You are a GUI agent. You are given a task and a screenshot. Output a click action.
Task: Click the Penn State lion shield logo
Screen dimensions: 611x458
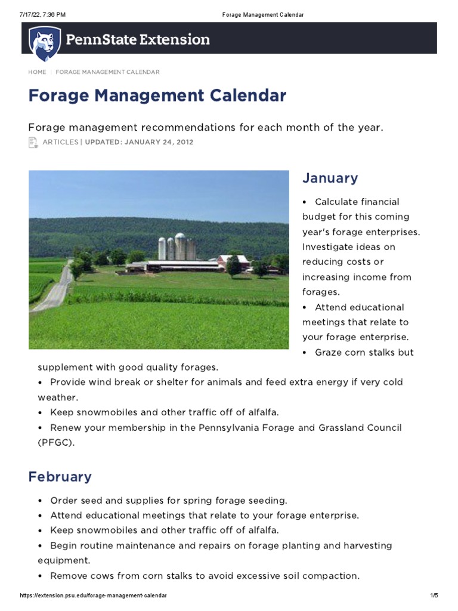click(x=45, y=43)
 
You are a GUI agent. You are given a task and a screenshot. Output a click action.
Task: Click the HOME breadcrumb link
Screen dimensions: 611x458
click(x=37, y=72)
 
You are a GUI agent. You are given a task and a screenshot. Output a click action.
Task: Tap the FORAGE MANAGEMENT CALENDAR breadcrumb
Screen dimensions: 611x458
click(x=108, y=72)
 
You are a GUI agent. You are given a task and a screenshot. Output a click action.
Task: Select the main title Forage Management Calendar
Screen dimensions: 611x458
click(x=157, y=95)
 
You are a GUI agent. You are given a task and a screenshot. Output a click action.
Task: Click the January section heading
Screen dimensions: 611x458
click(x=330, y=178)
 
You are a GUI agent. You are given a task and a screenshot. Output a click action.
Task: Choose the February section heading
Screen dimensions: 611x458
click(x=60, y=477)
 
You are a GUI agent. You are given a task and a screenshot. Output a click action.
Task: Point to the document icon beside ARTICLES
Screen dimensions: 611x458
click(x=33, y=143)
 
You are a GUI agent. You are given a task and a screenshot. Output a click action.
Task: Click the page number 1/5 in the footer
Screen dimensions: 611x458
click(x=434, y=596)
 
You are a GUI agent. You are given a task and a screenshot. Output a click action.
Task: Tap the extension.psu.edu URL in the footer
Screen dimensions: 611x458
click(x=94, y=596)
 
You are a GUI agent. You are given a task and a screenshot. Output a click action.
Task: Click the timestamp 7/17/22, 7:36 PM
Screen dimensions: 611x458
click(x=42, y=14)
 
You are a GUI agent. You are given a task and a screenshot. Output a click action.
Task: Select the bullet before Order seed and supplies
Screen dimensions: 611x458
click(x=40, y=500)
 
